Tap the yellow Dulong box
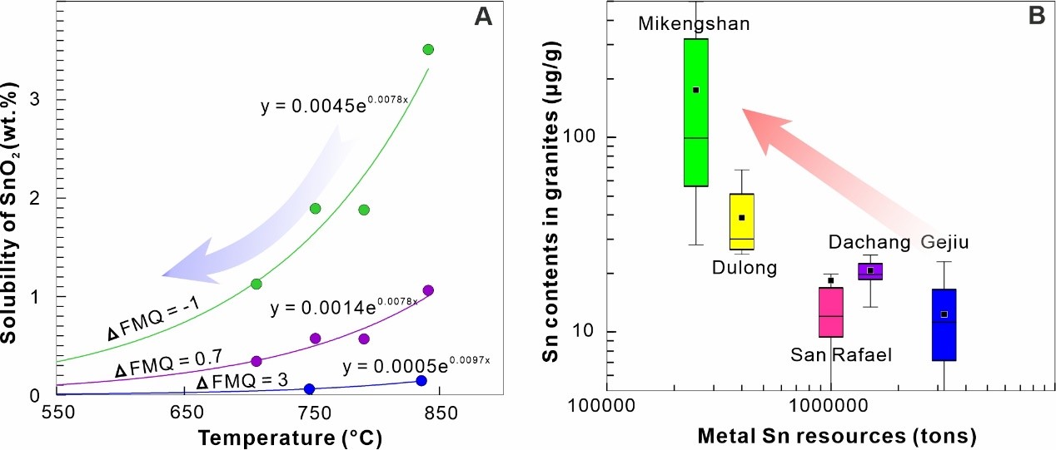[x=741, y=221]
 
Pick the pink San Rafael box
[x=830, y=312]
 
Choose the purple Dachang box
[x=870, y=271]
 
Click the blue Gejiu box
[x=944, y=324]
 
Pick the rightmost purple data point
[x=428, y=290]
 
